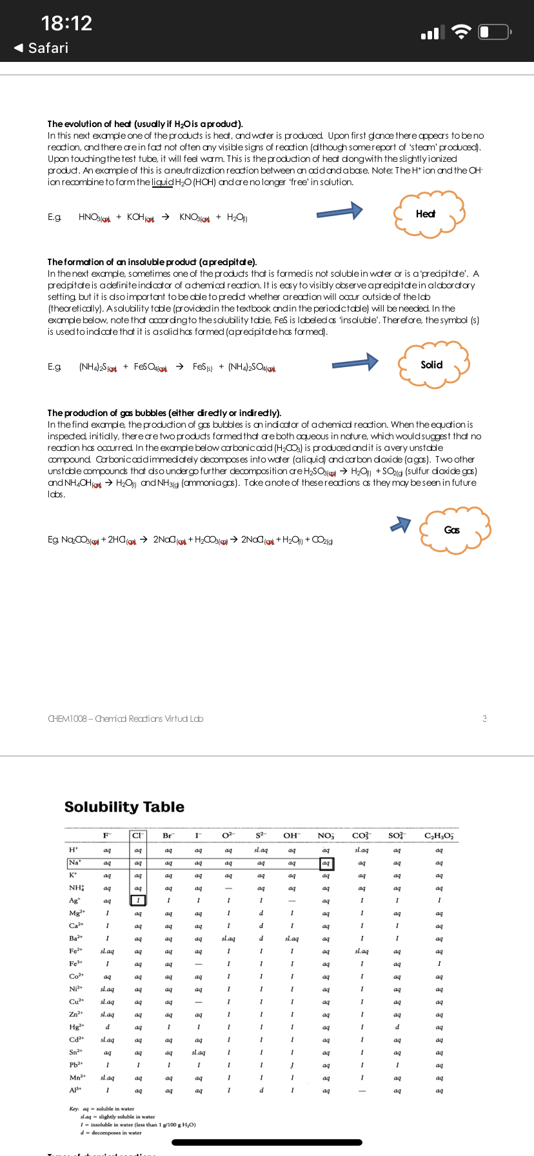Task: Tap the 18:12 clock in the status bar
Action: (66, 23)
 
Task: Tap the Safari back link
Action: (41, 48)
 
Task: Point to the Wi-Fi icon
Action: (461, 32)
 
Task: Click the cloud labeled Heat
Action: (427, 214)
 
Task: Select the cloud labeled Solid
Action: (431, 365)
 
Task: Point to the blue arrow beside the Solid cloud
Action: (355, 363)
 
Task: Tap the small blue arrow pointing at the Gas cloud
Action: (400, 524)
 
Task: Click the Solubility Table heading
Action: (124, 807)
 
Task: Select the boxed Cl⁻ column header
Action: (137, 836)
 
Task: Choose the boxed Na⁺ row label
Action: (75, 862)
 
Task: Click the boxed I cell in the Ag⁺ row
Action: (137, 901)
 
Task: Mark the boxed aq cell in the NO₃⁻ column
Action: (326, 863)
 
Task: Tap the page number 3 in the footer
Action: (484, 719)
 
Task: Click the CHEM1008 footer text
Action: (125, 719)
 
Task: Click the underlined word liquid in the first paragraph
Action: (162, 183)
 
